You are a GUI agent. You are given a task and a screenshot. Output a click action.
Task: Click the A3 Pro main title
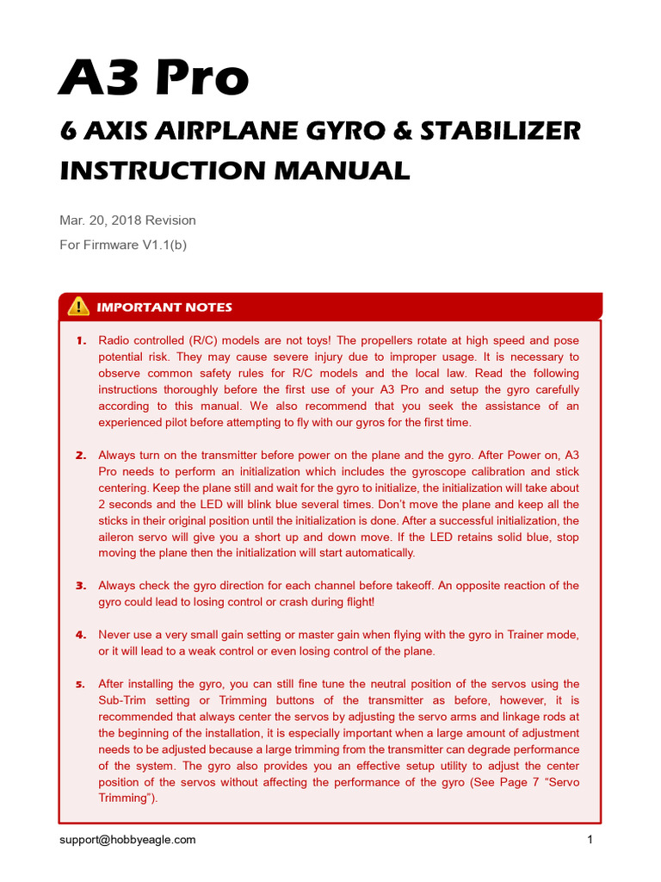tap(153, 78)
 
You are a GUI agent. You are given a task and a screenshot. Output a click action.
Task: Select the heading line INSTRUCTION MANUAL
tap(235, 170)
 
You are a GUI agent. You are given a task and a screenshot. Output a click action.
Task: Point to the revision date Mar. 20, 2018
tap(107, 220)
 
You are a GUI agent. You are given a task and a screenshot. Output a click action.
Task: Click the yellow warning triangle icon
tap(78, 306)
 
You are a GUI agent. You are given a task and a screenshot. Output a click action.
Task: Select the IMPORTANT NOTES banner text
tap(164, 307)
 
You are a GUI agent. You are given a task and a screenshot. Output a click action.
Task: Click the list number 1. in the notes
tap(81, 341)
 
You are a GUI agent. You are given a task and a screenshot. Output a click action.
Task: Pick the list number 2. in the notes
tap(81, 455)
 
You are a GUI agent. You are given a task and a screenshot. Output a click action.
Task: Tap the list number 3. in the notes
tap(81, 586)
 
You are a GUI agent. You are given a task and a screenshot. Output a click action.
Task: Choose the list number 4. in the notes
tap(81, 635)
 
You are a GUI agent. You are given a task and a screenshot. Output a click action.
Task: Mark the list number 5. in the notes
tap(81, 685)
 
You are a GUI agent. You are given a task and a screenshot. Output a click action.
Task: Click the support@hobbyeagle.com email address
tap(127, 839)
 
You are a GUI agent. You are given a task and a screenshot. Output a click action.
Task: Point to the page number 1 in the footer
tap(590, 839)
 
